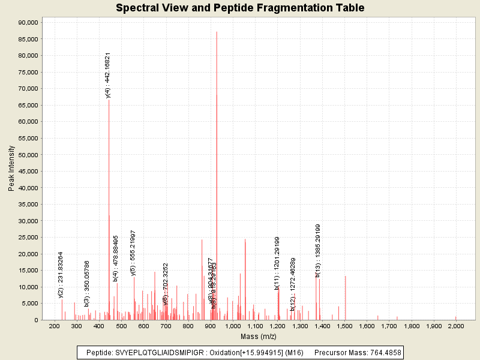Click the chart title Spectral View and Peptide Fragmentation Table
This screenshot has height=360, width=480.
pyautogui.click(x=240, y=8)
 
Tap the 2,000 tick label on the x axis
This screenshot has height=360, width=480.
pyautogui.click(x=455, y=326)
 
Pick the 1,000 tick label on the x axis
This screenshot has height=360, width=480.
pyautogui.click(x=233, y=326)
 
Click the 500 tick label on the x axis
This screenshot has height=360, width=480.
pyautogui.click(x=121, y=326)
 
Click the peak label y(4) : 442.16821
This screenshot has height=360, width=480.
pyautogui.click(x=108, y=75)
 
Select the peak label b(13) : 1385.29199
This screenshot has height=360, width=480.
pyautogui.click(x=318, y=250)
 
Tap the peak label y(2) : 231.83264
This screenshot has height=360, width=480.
pyautogui.click(x=61, y=274)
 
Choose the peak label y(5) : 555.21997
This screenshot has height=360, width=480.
pyautogui.click(x=133, y=253)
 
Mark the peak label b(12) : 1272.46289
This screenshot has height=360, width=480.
pyautogui.click(x=293, y=284)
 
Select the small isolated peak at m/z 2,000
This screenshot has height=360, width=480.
pyautogui.click(x=456, y=318)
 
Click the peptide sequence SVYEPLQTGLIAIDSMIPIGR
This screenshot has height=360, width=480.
pyautogui.click(x=157, y=352)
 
